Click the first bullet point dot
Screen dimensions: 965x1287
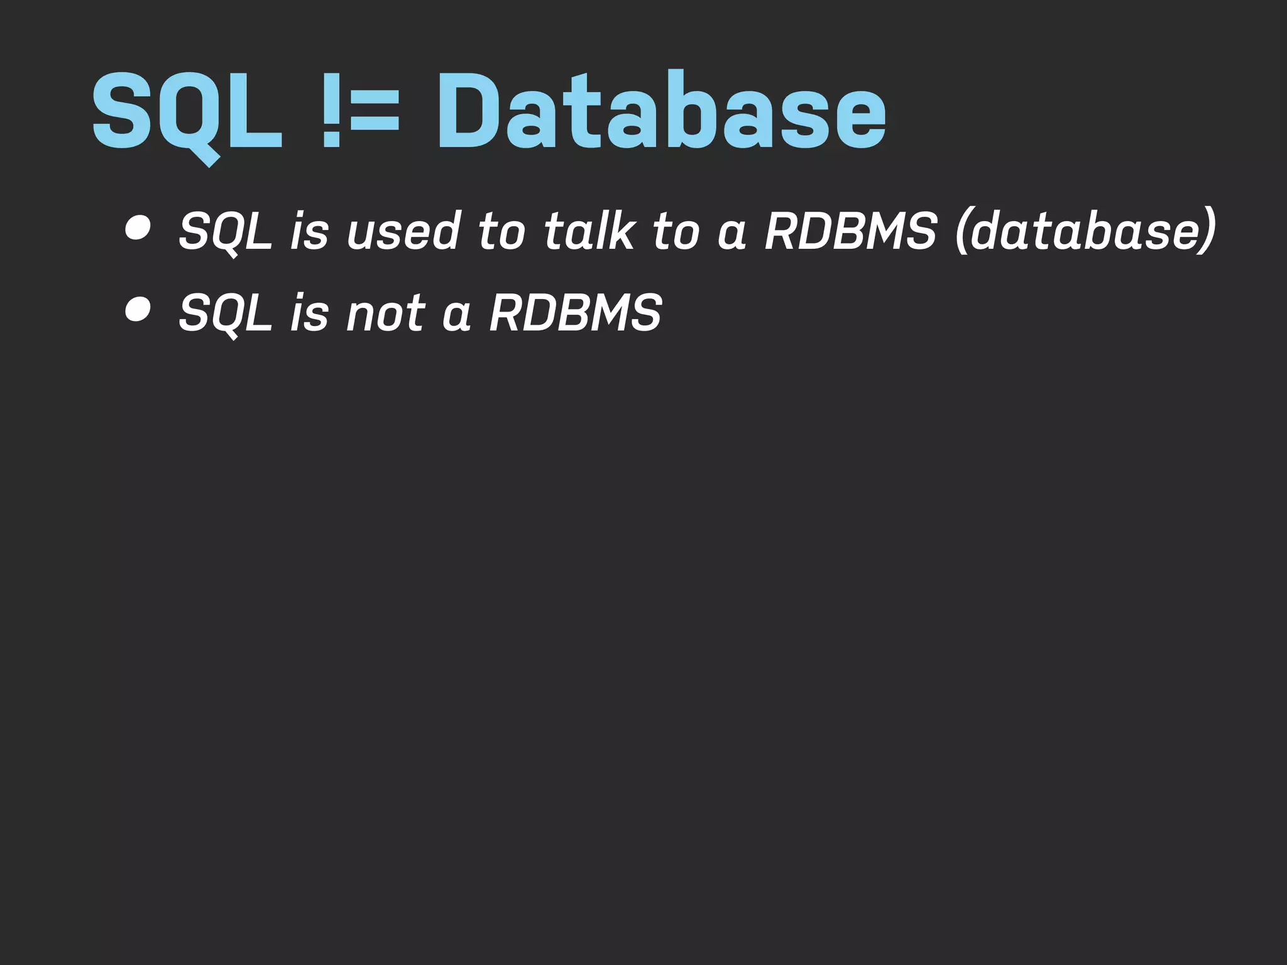[x=138, y=228]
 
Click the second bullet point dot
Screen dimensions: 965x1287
[x=138, y=310]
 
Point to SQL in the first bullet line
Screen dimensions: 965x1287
[x=225, y=231]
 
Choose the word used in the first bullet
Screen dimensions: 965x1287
[x=404, y=231]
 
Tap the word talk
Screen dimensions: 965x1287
[x=589, y=231]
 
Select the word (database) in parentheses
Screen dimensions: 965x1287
[x=1085, y=231]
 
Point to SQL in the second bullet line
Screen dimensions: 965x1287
[x=225, y=313]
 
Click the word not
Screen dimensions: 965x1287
[x=386, y=313]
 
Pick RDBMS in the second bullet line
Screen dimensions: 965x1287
[x=575, y=313]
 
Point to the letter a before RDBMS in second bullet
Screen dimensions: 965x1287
[x=457, y=316]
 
